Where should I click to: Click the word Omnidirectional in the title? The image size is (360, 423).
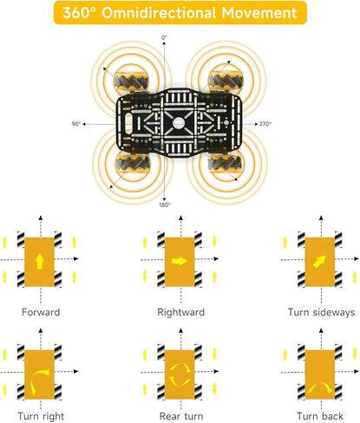(x=159, y=13)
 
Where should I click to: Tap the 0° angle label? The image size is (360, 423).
(x=164, y=37)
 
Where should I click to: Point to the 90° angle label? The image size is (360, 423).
(x=76, y=124)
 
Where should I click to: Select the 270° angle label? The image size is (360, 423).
(x=265, y=124)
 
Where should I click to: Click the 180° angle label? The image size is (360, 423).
(x=165, y=205)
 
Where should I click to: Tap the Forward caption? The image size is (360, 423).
(x=41, y=312)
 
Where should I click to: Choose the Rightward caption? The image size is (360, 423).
(x=181, y=312)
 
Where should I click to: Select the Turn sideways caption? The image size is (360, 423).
(x=321, y=312)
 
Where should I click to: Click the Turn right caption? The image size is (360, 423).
(x=41, y=416)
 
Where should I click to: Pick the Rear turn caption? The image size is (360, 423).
(x=181, y=416)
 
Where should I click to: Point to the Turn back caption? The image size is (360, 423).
(x=320, y=416)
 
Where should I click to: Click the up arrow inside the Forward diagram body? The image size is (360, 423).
(x=39, y=262)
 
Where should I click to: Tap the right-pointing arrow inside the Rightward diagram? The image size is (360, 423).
(x=180, y=261)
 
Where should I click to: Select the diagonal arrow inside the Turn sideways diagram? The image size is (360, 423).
(x=319, y=262)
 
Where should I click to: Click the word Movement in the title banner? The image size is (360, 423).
(x=259, y=13)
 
